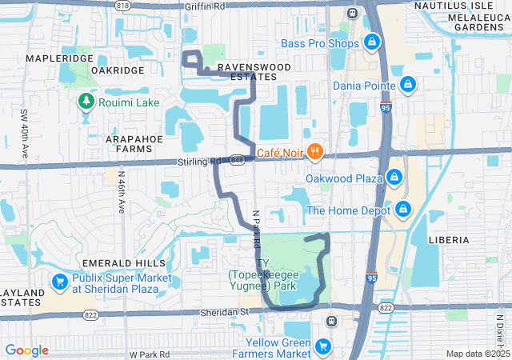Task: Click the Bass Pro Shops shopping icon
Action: (x=371, y=42)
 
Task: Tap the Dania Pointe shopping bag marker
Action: (x=408, y=84)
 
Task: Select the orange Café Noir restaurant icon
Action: (x=315, y=150)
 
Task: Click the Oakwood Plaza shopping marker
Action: (x=394, y=178)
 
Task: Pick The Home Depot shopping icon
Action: (x=404, y=210)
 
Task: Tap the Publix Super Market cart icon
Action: (x=59, y=282)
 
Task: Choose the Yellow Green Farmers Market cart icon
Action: (x=323, y=346)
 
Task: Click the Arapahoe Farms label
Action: (x=117, y=143)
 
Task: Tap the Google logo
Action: (x=26, y=350)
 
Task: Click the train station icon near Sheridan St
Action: (x=330, y=321)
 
